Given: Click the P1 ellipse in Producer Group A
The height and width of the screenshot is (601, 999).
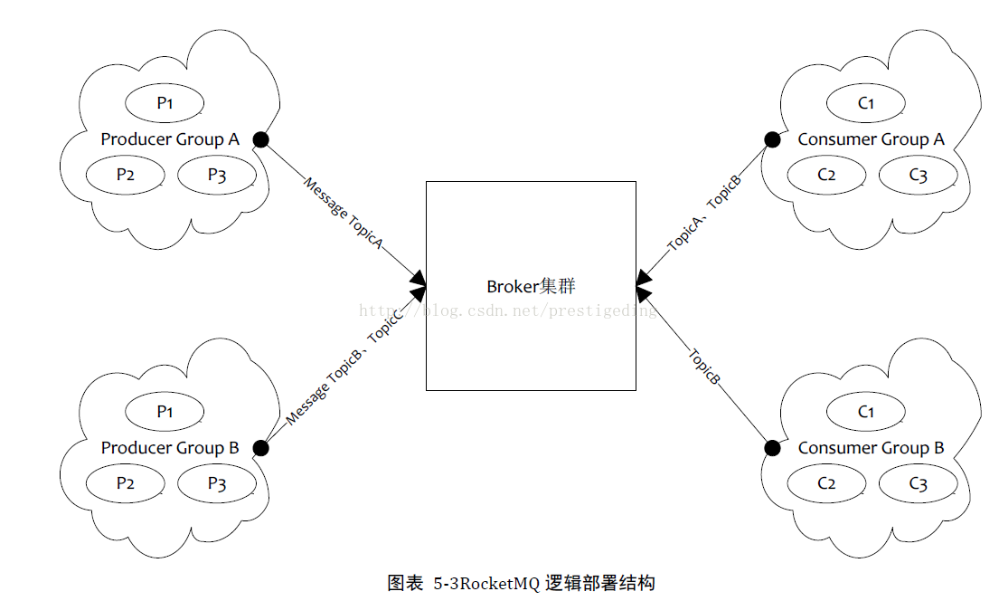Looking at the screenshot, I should [164, 103].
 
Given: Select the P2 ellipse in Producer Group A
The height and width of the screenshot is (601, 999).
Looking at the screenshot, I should [126, 176].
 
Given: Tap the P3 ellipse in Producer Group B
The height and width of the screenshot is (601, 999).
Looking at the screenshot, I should [217, 484].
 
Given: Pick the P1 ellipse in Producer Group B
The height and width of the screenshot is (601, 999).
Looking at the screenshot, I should [164, 412].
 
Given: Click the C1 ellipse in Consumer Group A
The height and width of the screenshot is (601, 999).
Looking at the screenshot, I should [865, 103].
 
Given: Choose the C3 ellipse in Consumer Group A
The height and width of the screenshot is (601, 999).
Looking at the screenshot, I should [918, 176].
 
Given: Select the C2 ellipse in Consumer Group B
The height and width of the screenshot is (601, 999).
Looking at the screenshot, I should [826, 484].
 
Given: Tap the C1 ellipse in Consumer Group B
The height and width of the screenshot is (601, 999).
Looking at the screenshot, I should [865, 412].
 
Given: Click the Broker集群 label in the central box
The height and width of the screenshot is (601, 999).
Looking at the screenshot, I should [531, 287].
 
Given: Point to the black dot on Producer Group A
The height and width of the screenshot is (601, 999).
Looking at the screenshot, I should [260, 139].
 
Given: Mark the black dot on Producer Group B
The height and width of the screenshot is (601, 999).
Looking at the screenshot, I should [260, 448].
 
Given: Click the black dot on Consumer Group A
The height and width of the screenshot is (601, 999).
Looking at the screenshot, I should [772, 139].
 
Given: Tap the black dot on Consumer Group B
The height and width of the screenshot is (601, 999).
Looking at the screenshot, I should [772, 448].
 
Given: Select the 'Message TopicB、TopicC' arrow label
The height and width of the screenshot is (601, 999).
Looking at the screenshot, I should [344, 372].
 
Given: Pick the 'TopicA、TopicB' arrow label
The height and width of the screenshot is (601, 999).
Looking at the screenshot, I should [704, 213].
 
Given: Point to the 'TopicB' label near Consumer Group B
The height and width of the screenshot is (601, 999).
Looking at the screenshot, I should [704, 367].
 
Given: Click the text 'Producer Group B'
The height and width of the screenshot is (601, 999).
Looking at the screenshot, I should [170, 448].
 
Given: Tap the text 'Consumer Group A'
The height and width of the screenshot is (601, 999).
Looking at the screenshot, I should [871, 139].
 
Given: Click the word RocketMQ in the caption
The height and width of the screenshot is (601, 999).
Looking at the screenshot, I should [501, 583].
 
